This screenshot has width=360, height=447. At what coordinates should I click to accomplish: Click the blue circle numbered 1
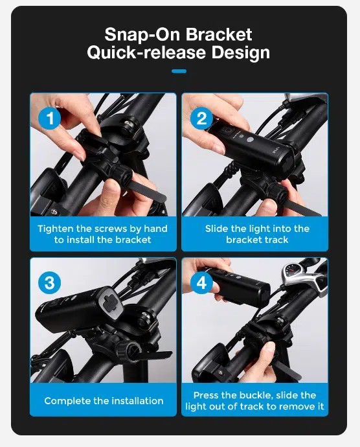click(x=50, y=118)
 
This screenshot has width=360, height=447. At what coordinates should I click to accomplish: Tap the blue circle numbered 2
click(x=201, y=118)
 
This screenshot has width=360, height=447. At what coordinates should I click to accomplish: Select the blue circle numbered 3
click(x=50, y=283)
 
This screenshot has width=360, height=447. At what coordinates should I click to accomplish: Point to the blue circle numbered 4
click(x=201, y=283)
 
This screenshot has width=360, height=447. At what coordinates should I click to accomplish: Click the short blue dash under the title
click(x=179, y=71)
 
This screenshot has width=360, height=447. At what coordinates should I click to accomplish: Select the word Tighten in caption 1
click(x=56, y=229)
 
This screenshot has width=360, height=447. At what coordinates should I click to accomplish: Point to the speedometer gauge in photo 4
click(x=291, y=271)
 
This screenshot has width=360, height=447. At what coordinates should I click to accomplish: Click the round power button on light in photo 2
click(x=250, y=140)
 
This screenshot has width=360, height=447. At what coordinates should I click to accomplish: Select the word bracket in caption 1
click(x=133, y=240)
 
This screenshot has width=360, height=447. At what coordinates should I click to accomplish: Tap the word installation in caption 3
click(x=137, y=401)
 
